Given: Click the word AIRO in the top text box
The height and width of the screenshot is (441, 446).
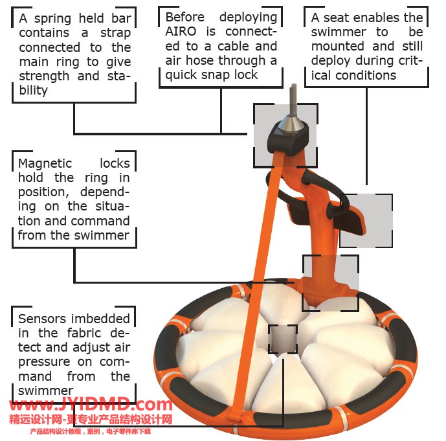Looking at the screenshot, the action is (181, 32).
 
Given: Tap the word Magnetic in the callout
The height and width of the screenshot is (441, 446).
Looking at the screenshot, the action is (45, 164).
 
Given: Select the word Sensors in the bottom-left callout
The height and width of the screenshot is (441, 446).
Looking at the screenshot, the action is (42, 319).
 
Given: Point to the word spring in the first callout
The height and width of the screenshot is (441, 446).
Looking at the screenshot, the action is (52, 19).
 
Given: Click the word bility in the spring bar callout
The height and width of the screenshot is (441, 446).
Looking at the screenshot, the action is (33, 91).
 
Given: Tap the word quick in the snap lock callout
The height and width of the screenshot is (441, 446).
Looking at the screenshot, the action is (182, 75).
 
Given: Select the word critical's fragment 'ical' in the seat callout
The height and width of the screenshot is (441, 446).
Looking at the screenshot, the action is (321, 75).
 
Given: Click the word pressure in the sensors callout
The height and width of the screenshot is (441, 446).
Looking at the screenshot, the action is (44, 362).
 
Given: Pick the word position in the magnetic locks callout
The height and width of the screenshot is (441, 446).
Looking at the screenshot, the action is (43, 192).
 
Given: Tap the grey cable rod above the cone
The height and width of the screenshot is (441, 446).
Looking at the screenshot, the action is (293, 99).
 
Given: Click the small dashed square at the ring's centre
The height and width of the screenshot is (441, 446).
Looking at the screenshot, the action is (283, 339).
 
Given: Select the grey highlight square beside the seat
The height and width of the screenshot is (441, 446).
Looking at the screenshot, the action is (366, 221).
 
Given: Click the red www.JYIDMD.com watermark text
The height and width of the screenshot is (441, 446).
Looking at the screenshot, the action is (91, 405).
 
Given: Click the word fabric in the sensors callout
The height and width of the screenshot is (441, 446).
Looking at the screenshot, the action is (84, 333).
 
